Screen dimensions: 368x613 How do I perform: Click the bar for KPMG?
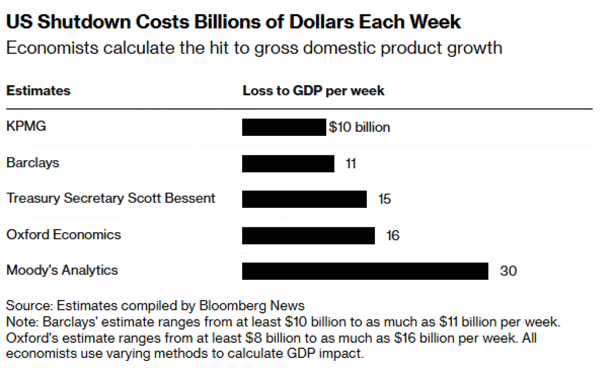284,127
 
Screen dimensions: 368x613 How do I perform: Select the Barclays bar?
288,164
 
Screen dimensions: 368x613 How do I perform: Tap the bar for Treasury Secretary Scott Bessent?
304,199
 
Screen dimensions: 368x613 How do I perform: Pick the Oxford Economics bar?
308,236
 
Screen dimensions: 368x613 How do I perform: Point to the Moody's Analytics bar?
365,271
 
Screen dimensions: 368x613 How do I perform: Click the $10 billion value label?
359,127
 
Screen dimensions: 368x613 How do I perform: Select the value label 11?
351,164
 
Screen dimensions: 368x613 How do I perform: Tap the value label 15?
384,199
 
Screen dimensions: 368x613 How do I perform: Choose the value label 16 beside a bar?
393,236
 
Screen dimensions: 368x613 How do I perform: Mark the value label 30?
508,271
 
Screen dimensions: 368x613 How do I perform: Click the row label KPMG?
26,126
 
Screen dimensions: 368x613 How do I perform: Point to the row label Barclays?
32,163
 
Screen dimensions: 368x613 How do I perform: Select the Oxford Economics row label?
63,235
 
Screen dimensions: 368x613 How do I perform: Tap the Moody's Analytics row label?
62,270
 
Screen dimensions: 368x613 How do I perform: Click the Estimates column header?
38,91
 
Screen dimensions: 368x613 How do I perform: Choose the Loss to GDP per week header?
313,91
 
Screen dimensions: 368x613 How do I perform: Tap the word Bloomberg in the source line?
232,306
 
